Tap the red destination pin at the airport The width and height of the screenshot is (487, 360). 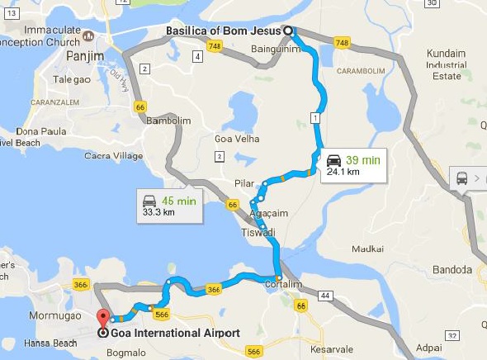point(103,318)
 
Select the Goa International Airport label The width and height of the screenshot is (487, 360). point(175,334)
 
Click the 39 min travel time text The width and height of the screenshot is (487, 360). point(364,159)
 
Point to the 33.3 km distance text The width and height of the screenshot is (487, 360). point(159,212)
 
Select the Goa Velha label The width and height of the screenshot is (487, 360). point(237,139)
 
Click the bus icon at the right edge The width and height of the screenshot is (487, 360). point(461,178)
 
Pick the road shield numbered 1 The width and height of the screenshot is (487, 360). point(315,119)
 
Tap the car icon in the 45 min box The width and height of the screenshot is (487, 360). point(149,201)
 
